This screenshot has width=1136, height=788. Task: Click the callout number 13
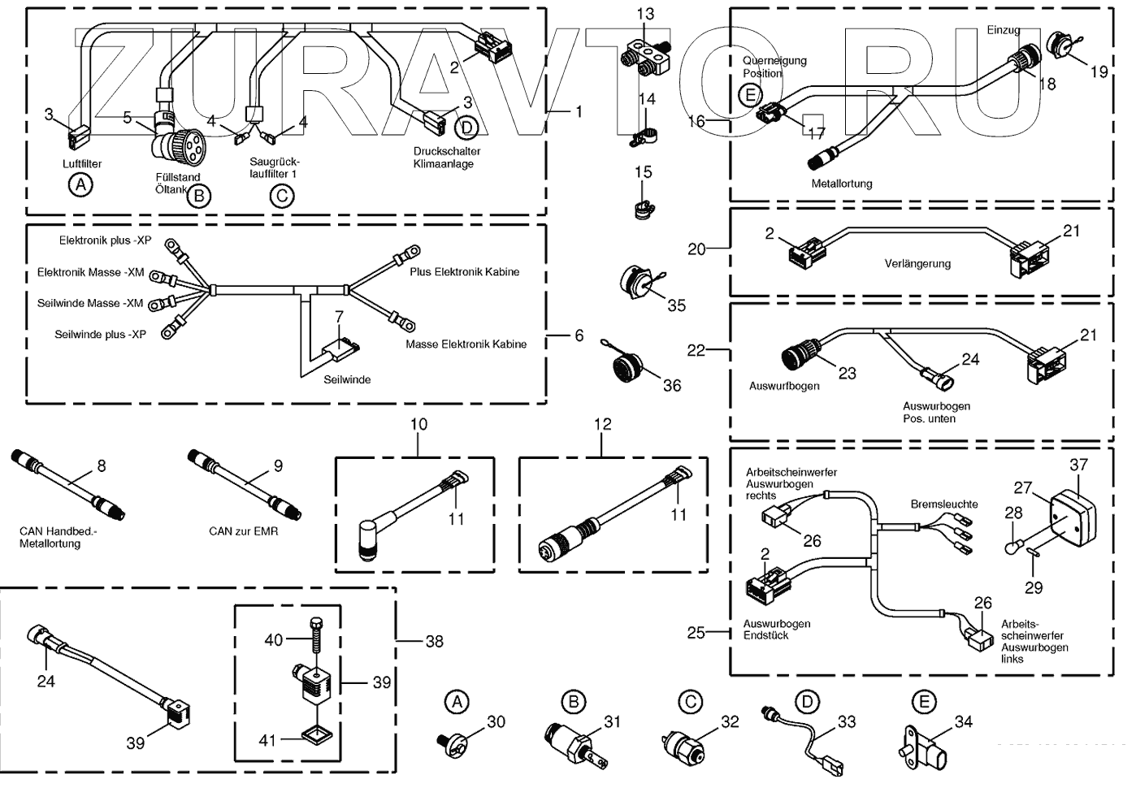click(x=644, y=14)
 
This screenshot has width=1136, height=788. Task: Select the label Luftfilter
click(x=82, y=164)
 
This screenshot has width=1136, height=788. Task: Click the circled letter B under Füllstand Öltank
click(x=198, y=195)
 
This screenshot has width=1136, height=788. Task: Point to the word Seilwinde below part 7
click(x=347, y=379)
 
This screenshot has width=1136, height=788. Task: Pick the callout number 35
click(x=676, y=305)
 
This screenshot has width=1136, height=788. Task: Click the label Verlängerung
click(x=917, y=264)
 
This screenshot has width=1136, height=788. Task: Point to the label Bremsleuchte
click(x=944, y=504)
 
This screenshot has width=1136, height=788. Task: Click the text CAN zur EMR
click(x=243, y=531)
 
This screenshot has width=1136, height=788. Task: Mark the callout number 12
click(x=601, y=424)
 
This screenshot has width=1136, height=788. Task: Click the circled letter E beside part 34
click(x=923, y=701)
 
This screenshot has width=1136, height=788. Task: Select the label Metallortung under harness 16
click(x=842, y=184)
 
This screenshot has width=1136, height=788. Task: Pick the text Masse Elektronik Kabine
click(x=466, y=344)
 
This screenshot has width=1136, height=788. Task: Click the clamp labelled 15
click(x=642, y=206)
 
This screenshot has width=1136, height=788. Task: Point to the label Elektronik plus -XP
click(x=105, y=241)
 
